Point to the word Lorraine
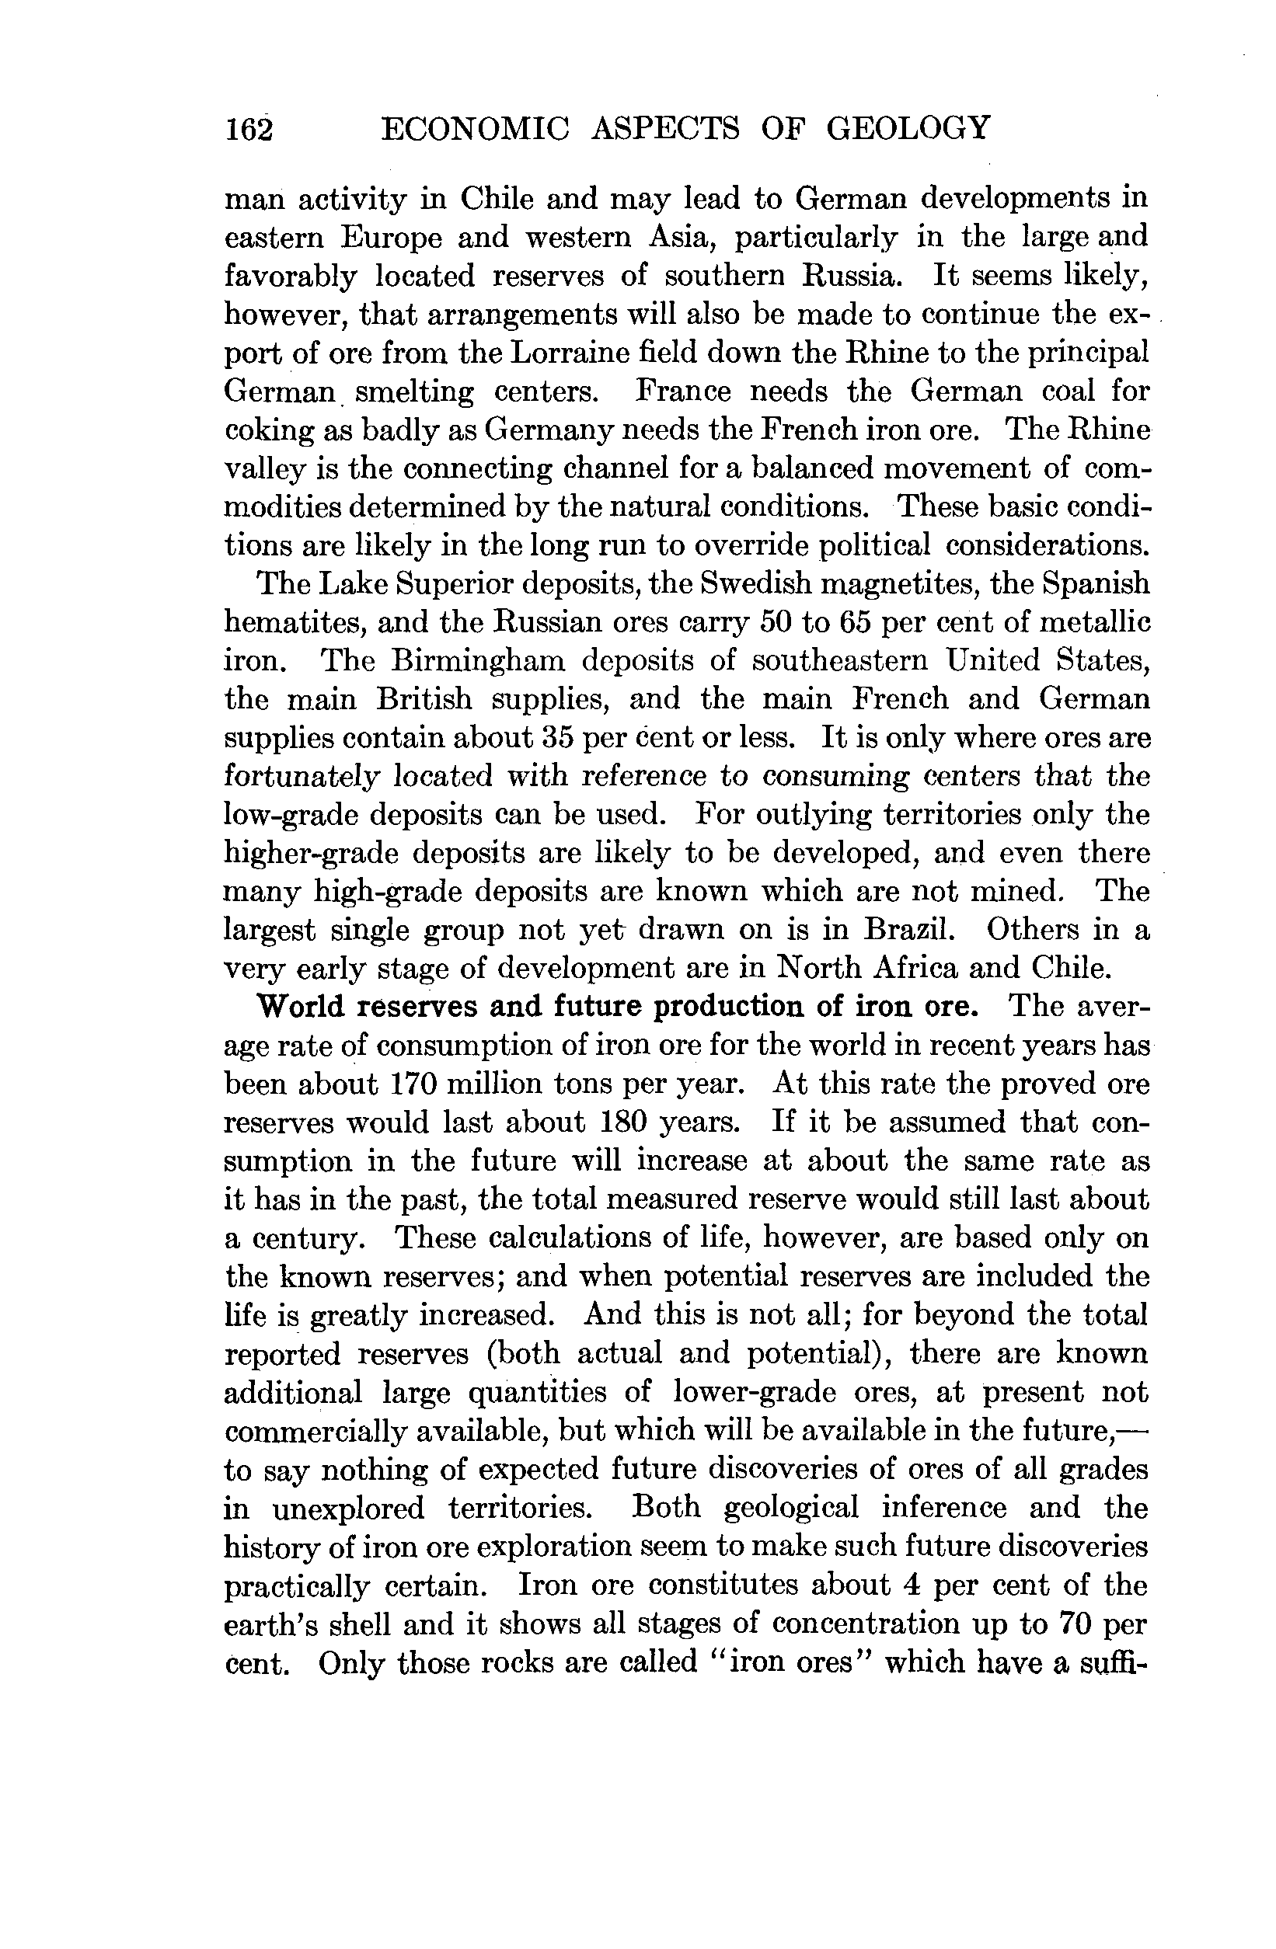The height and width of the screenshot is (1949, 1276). click(581, 353)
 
